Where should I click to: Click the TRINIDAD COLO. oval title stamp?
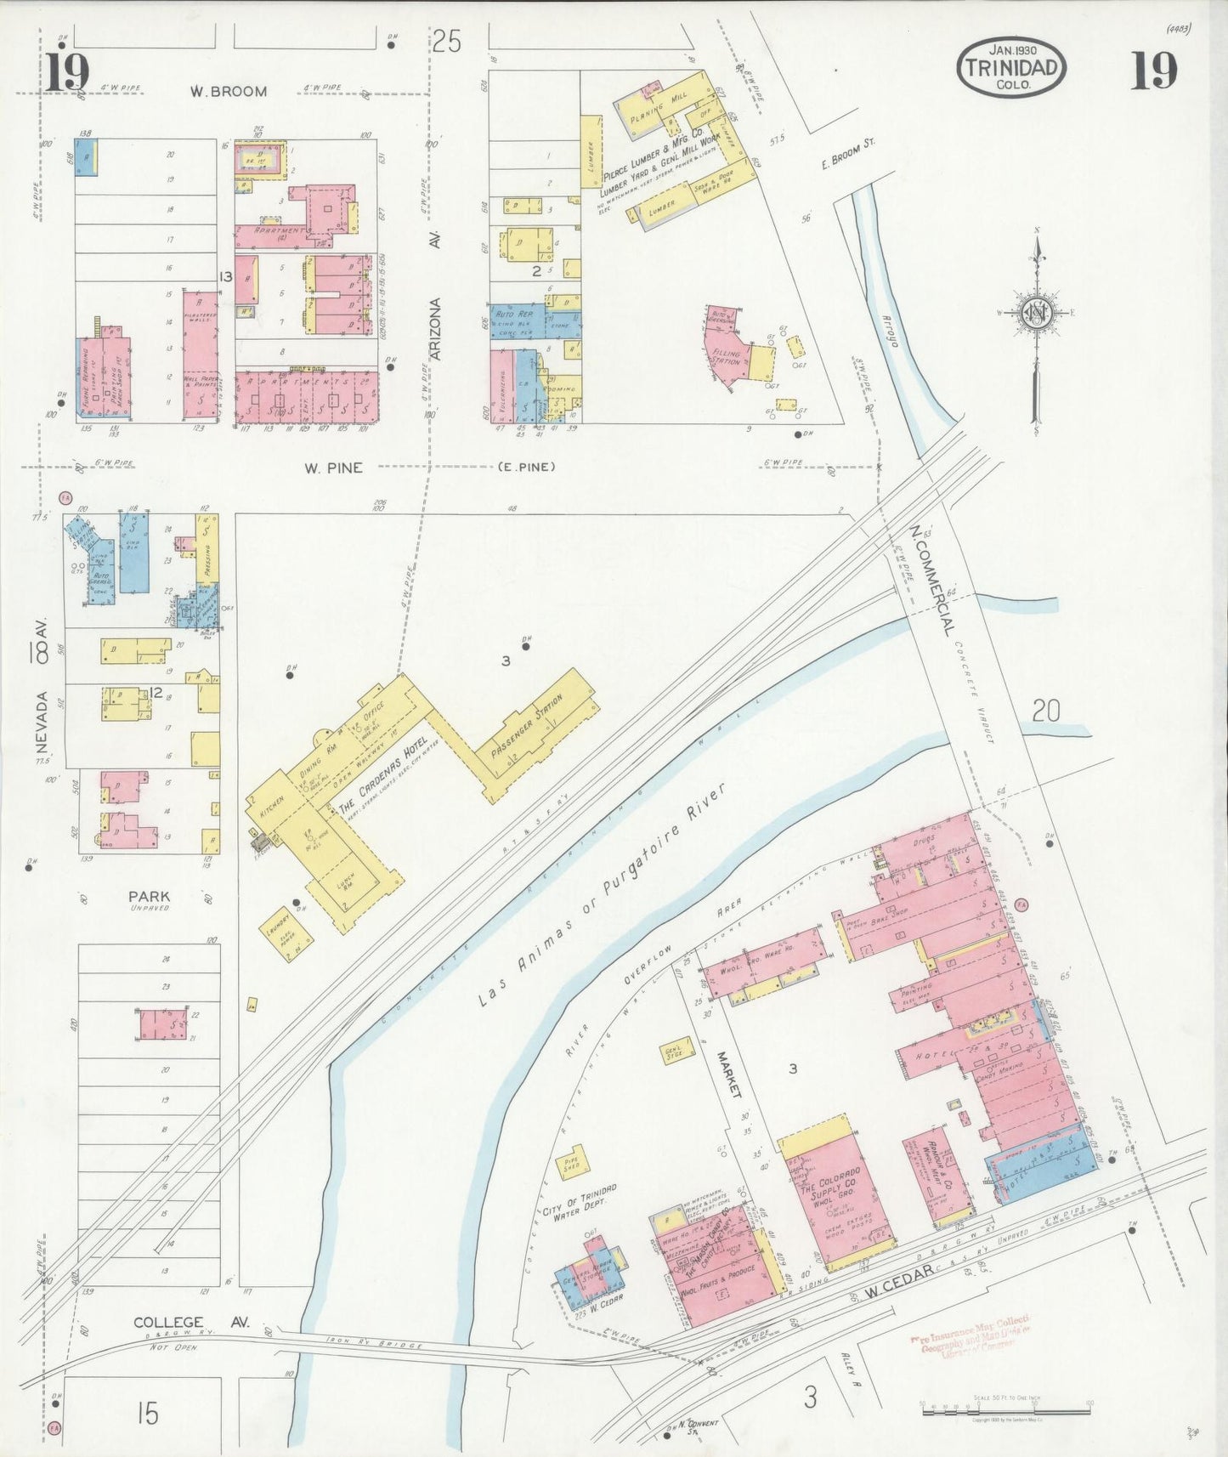(x=1010, y=66)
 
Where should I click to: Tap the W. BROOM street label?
(x=228, y=91)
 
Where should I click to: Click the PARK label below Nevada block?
(x=149, y=895)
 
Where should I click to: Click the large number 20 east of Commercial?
(x=1045, y=710)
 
